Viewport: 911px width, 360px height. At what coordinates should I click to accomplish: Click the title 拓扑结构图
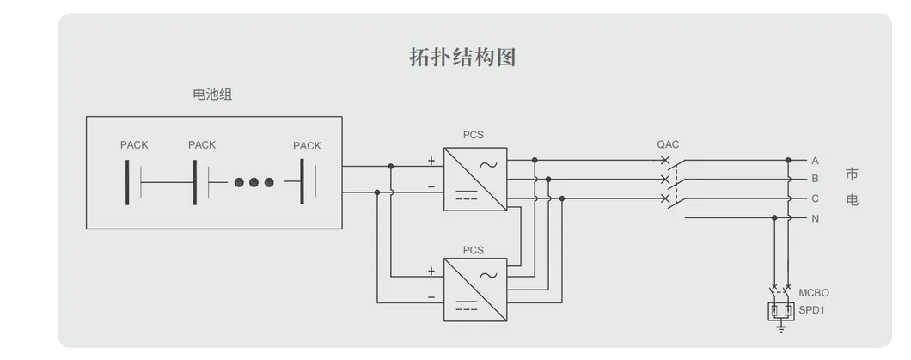point(462,58)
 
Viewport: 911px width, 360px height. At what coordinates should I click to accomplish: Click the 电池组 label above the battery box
point(211,95)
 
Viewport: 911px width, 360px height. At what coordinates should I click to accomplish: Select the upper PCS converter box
point(475,179)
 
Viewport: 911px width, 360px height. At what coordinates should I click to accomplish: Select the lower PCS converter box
point(475,289)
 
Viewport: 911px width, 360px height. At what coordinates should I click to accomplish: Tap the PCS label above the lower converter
point(474,250)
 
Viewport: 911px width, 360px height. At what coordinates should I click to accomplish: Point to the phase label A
point(815,161)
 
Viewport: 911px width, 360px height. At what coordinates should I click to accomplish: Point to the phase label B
point(815,180)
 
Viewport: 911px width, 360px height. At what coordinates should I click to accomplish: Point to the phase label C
point(815,198)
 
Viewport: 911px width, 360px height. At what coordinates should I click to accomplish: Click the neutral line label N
point(815,218)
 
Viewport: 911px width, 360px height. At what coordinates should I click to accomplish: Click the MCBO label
point(814,293)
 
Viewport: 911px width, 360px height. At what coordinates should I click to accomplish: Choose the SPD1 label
point(812,308)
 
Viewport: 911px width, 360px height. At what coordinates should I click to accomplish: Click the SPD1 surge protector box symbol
point(781,310)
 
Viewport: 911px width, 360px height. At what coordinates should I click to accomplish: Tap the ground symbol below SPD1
point(781,327)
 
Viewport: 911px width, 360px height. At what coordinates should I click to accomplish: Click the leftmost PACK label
point(134,145)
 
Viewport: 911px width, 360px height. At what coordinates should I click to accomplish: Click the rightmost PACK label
point(307,145)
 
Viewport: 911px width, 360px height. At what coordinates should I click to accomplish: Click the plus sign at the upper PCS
point(431,161)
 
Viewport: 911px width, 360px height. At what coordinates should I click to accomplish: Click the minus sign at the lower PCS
point(431,296)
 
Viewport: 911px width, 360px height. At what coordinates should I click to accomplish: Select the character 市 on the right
point(852,174)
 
